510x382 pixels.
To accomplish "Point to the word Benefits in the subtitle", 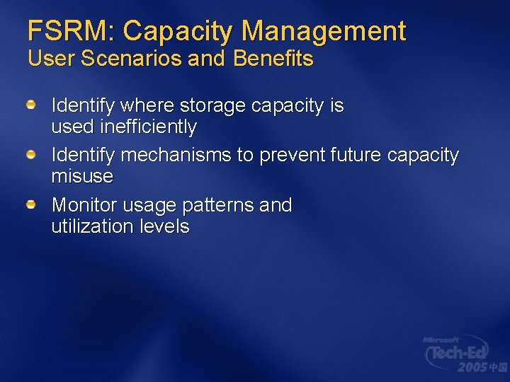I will click(x=273, y=59).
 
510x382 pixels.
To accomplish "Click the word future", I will click(x=358, y=155).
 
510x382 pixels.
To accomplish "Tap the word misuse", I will click(x=82, y=176).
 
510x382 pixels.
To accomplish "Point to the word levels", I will click(x=166, y=226).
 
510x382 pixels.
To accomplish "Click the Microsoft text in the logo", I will click(x=441, y=340).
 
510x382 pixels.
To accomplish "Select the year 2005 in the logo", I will click(x=472, y=367).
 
